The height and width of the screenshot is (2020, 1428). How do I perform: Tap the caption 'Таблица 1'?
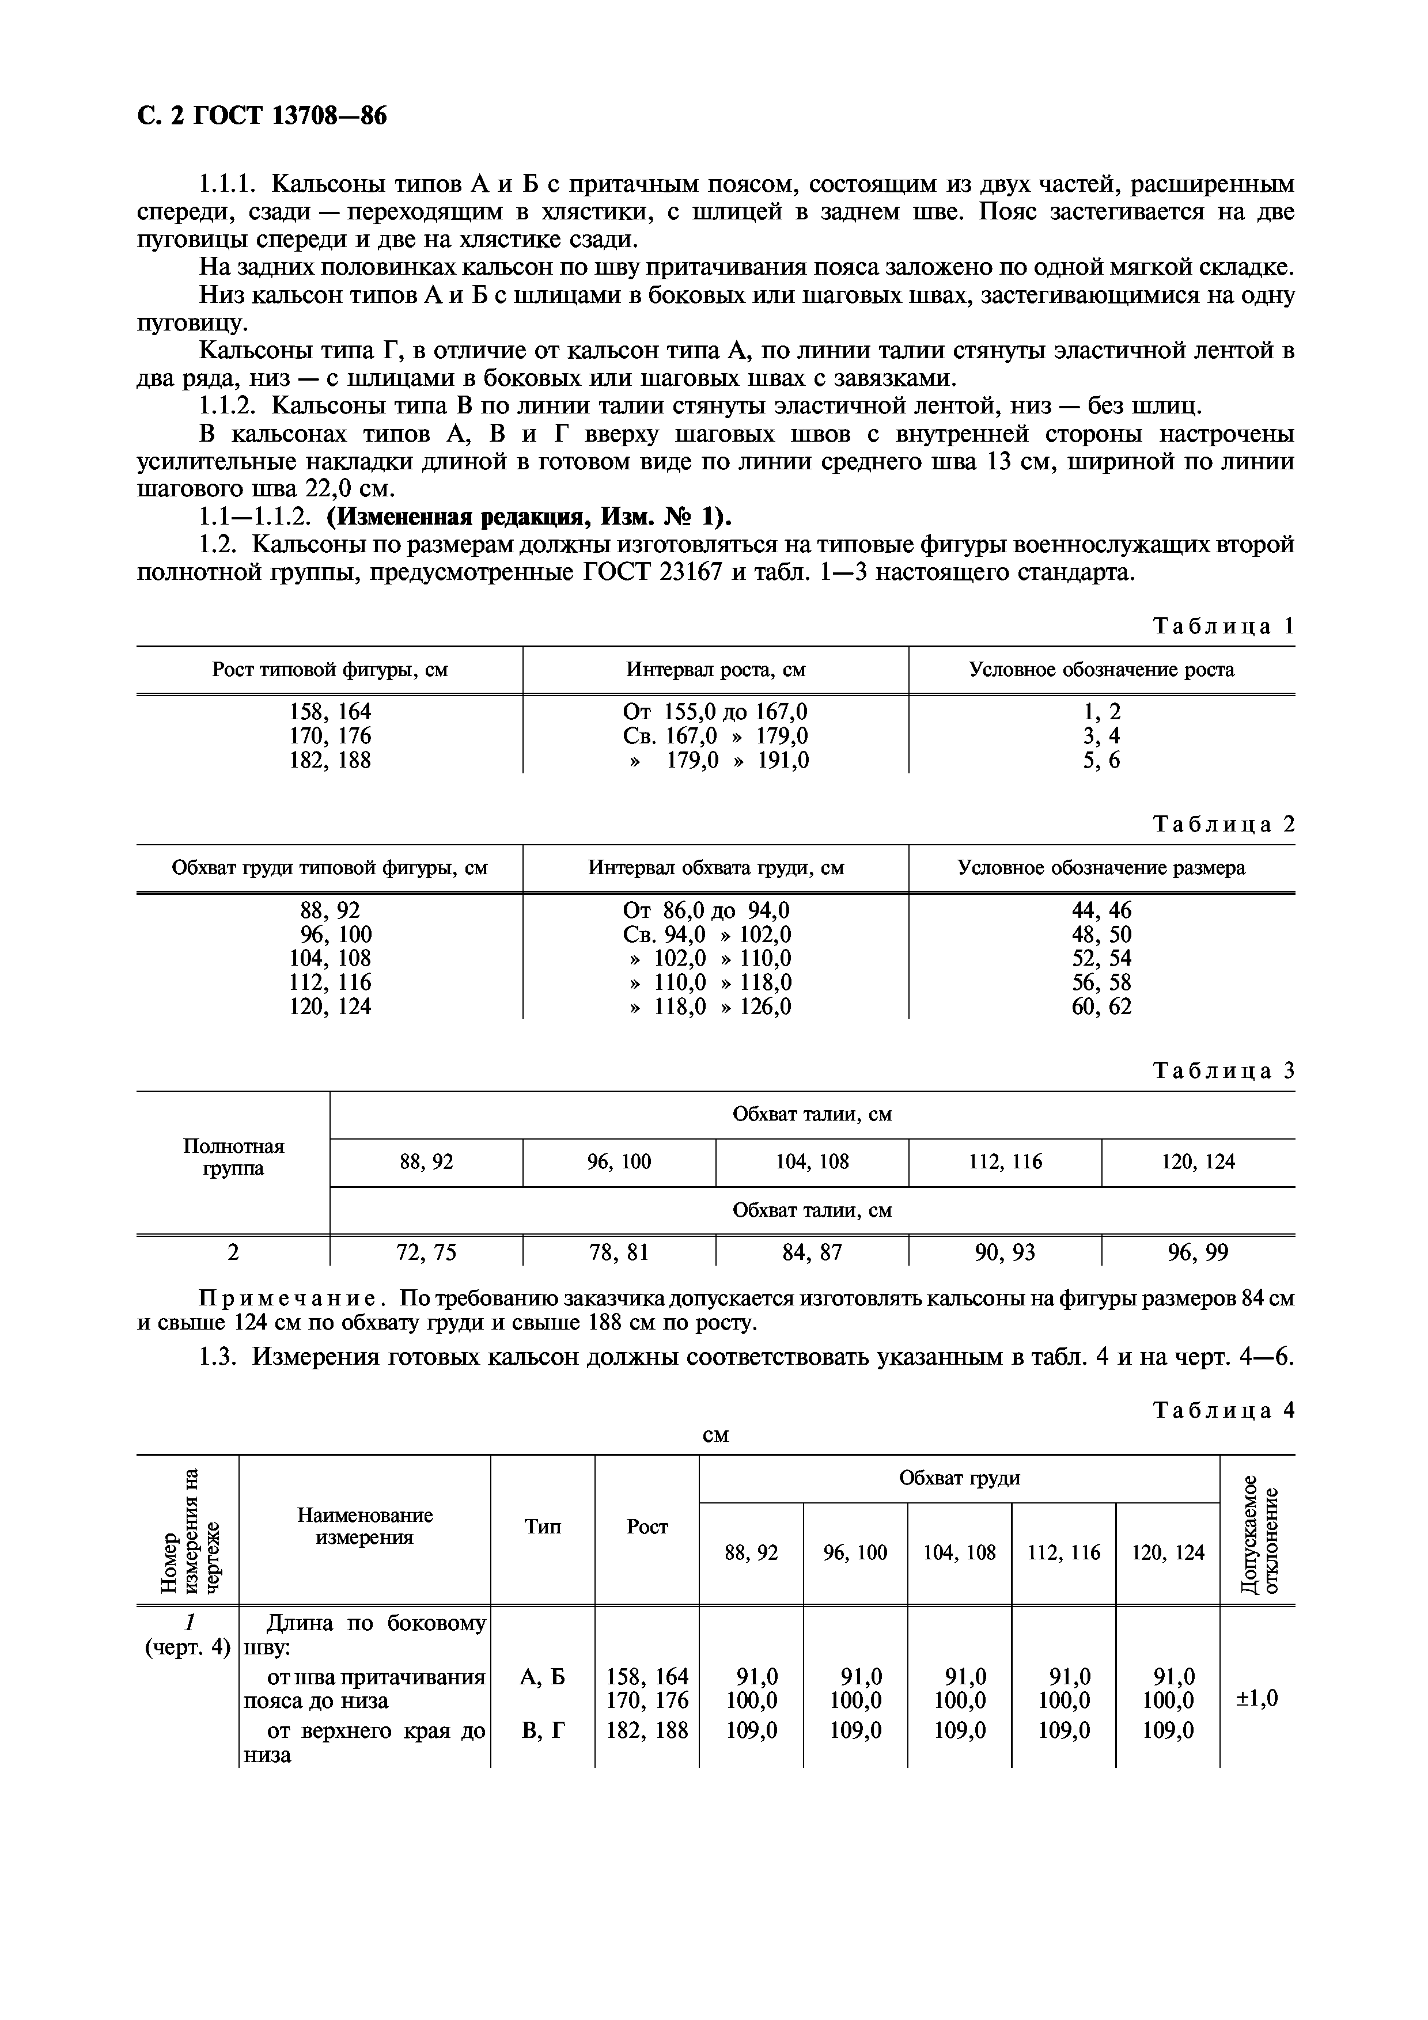pos(1223,626)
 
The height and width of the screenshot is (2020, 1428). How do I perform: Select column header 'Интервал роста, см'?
pos(715,670)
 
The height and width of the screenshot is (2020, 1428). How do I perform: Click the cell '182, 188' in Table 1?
pos(330,760)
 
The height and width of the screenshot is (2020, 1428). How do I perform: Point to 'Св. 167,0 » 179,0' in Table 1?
pos(715,735)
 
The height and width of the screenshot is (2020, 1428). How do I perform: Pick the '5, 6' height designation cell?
pos(1101,760)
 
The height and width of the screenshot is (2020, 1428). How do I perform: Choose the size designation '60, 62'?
pos(1101,1007)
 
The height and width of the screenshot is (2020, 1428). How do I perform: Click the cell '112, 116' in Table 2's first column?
pos(330,982)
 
